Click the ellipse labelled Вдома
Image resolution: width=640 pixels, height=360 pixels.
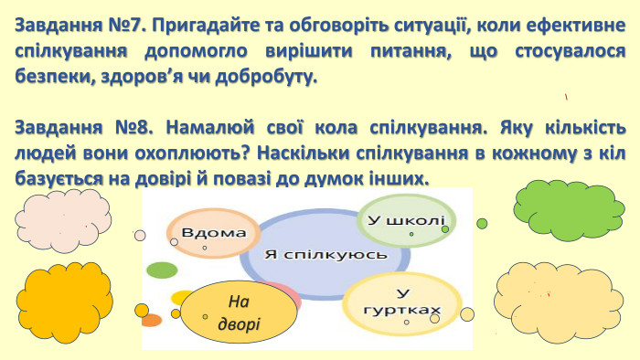pos(213,234)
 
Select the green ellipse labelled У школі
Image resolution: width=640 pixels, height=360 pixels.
pos(402,222)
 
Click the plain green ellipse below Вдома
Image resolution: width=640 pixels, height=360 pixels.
pos(162,270)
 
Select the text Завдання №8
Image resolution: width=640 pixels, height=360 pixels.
pos(69,125)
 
